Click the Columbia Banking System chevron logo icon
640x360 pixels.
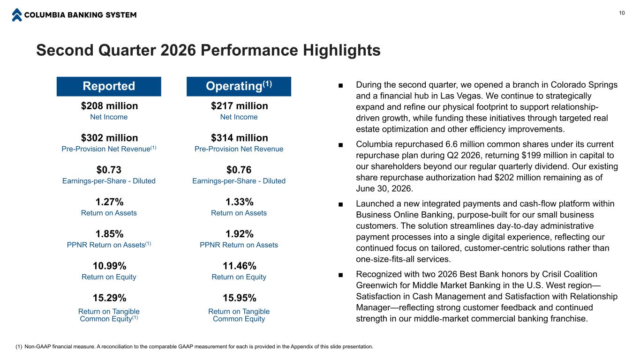[x=17, y=15]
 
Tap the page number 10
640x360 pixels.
[x=622, y=13]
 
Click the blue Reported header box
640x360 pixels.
[x=109, y=86]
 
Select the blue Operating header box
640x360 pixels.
[x=239, y=86]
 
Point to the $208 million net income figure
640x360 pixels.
[x=109, y=106]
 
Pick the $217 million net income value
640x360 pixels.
[x=240, y=106]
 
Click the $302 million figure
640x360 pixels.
[x=109, y=138]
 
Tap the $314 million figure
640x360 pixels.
[x=240, y=138]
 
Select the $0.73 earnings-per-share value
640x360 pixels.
[x=109, y=170]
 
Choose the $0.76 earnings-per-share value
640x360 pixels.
[x=239, y=170]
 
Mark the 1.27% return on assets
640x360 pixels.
[x=109, y=202]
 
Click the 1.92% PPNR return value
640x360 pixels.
[x=240, y=234]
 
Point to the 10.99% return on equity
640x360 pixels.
[x=109, y=266]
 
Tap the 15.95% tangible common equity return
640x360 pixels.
[x=240, y=298]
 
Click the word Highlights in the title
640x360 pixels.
[x=342, y=50]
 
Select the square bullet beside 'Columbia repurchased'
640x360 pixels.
[x=340, y=145]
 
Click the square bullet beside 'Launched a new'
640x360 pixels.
[x=340, y=204]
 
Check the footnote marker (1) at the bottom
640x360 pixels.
[x=19, y=347]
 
